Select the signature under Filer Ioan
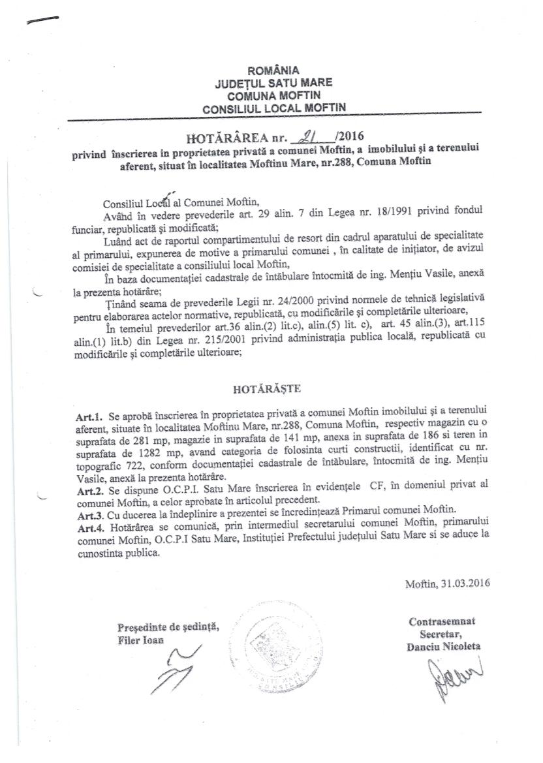[x=171, y=670]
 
